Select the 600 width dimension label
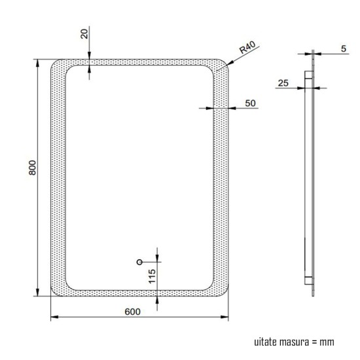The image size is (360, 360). (x=132, y=312)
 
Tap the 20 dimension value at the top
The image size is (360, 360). (x=84, y=34)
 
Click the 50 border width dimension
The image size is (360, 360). (x=249, y=103)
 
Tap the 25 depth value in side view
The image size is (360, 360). (x=283, y=82)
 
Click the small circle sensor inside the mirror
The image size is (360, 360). (x=139, y=262)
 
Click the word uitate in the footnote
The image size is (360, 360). (x=266, y=342)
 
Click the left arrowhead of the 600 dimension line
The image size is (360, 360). (x=54, y=318)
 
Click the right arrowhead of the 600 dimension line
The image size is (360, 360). (x=228, y=318)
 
